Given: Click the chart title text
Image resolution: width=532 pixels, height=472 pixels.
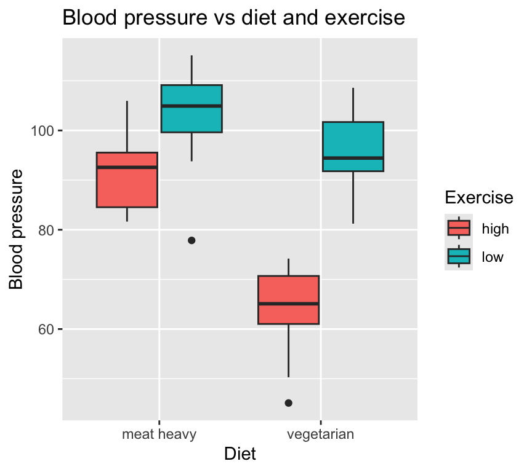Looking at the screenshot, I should pyautogui.click(x=233, y=18).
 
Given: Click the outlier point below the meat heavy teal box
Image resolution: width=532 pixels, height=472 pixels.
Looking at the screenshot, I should pyautogui.click(x=191, y=240).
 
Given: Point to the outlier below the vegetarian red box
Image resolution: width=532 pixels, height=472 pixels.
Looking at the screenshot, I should pyautogui.click(x=288, y=403).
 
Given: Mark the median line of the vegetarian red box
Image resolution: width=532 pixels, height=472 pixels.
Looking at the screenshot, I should pyautogui.click(x=288, y=304).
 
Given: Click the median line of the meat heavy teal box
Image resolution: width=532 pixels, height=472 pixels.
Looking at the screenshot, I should pyautogui.click(x=191, y=106).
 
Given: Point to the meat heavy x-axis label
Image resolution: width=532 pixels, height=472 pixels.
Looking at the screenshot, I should pyautogui.click(x=159, y=435).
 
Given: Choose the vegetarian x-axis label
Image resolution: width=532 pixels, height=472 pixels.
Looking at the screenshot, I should pyautogui.click(x=321, y=435).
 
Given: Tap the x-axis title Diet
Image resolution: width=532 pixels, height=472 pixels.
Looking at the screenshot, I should pyautogui.click(x=240, y=455).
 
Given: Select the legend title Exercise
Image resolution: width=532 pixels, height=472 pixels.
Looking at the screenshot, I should pyautogui.click(x=479, y=197).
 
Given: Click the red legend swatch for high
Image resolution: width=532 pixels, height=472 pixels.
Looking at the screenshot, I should pyautogui.click(x=459, y=229).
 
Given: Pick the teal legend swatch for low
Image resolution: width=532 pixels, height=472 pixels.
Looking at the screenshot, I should pyautogui.click(x=459, y=257).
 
